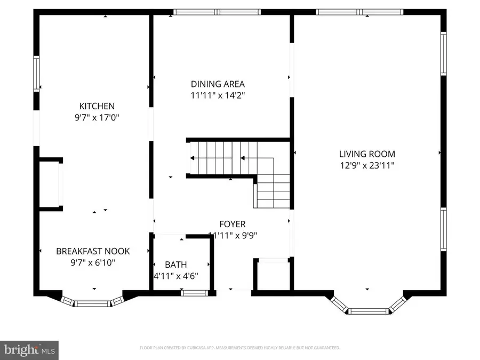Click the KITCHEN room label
click(x=97, y=106)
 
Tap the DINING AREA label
click(x=218, y=84)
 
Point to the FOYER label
click(x=233, y=224)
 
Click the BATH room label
click(x=175, y=265)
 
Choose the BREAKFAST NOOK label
click(x=93, y=251)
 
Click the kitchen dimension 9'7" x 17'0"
click(x=97, y=117)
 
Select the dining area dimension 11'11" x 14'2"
click(x=218, y=95)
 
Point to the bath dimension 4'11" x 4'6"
click(x=175, y=276)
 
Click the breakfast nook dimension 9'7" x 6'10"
click(x=93, y=262)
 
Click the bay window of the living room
click(x=367, y=309)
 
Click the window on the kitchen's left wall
click(x=36, y=74)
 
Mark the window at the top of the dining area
click(x=218, y=12)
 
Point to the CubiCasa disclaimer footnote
click(x=239, y=348)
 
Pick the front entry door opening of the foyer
click(x=234, y=291)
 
